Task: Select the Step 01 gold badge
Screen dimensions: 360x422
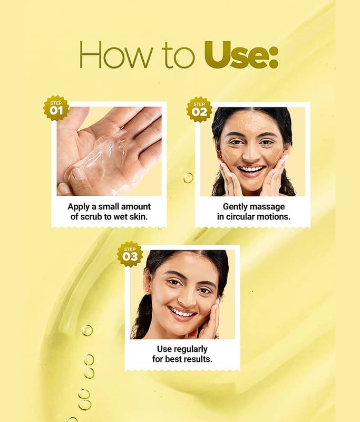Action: point(56,108)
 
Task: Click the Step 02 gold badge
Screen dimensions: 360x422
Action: point(199,109)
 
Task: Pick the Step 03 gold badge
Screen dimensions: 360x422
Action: point(130,254)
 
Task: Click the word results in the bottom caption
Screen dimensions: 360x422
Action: point(198,359)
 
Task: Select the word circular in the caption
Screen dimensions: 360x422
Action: point(240,217)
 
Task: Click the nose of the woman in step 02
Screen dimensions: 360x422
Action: point(250,153)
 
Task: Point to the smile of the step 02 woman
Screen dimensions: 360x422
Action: point(251,170)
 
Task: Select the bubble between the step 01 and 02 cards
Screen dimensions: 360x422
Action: point(188,178)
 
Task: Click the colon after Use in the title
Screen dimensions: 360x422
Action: point(274,58)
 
